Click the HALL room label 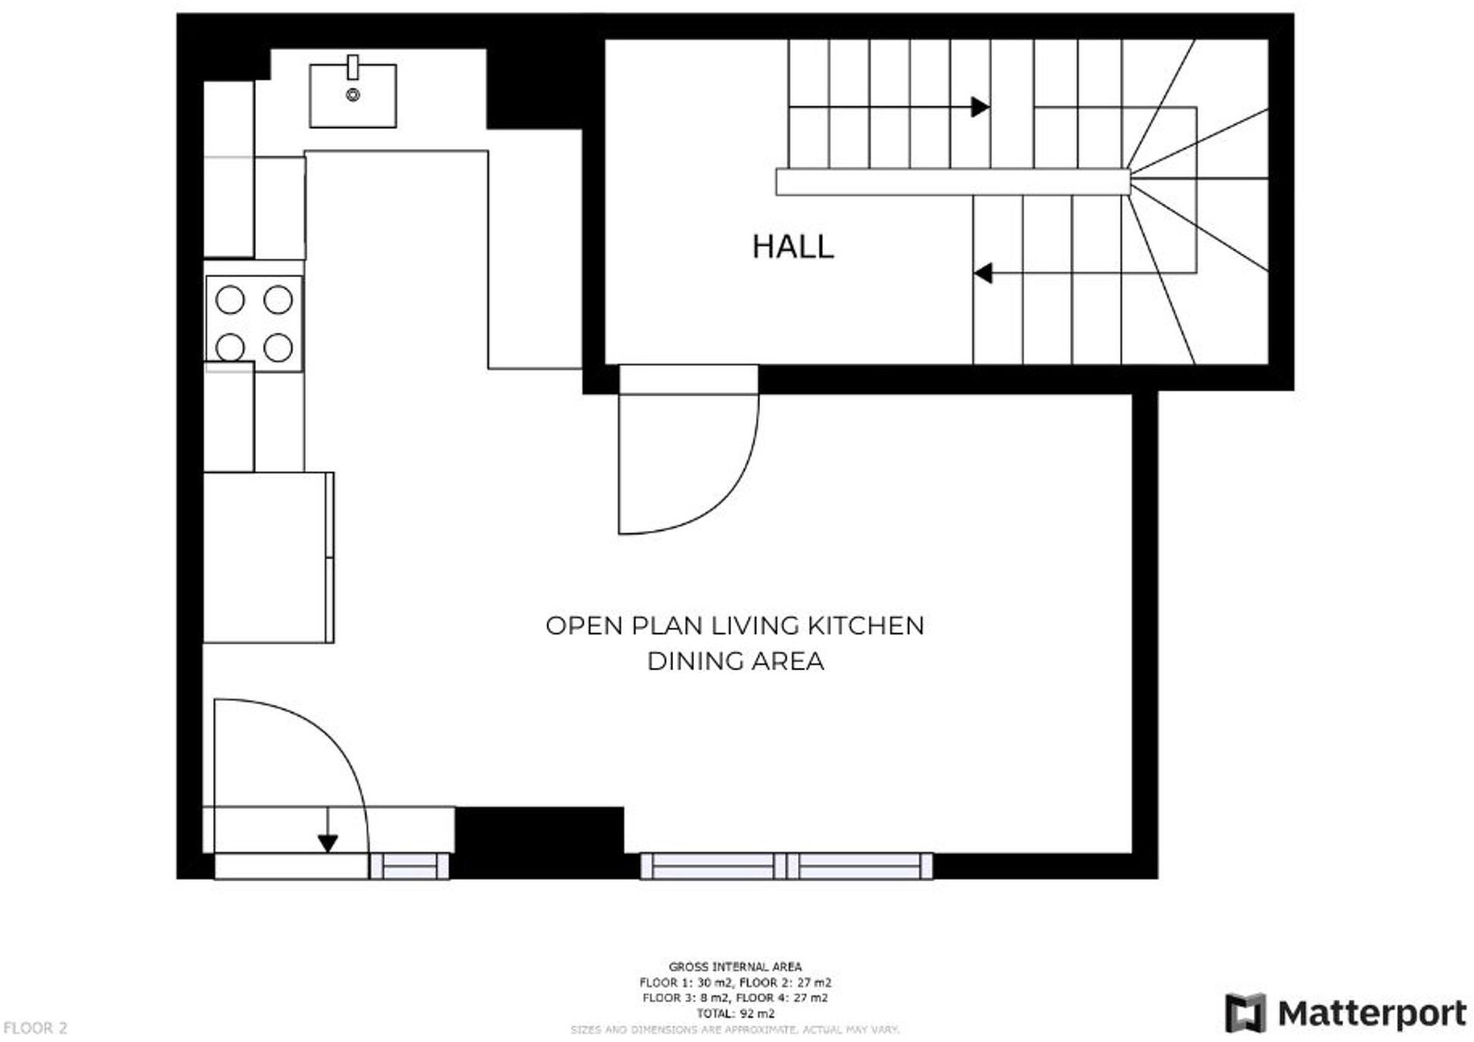click(792, 247)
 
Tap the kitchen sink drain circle click(352, 95)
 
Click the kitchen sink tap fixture click(352, 67)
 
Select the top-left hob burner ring click(229, 300)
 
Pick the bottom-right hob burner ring click(278, 348)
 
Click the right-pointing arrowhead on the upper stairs click(980, 107)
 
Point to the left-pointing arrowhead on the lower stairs click(983, 273)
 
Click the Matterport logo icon click(1245, 1012)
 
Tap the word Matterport click(1371, 1013)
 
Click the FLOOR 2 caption click(35, 1028)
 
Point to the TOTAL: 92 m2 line click(734, 1013)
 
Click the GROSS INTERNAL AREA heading click(734, 966)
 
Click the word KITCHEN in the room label click(865, 626)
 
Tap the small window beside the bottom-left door click(410, 866)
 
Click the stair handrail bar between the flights click(952, 182)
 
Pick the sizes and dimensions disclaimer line click(734, 1030)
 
